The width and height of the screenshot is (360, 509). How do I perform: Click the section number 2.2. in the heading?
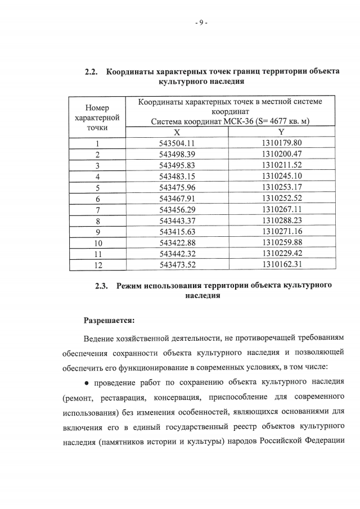[92, 72]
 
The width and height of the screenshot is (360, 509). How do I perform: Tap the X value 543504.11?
[177, 143]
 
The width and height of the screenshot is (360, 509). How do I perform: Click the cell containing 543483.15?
[177, 176]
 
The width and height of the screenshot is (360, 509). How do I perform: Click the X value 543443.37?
[177, 220]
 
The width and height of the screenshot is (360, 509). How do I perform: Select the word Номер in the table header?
[97, 107]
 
